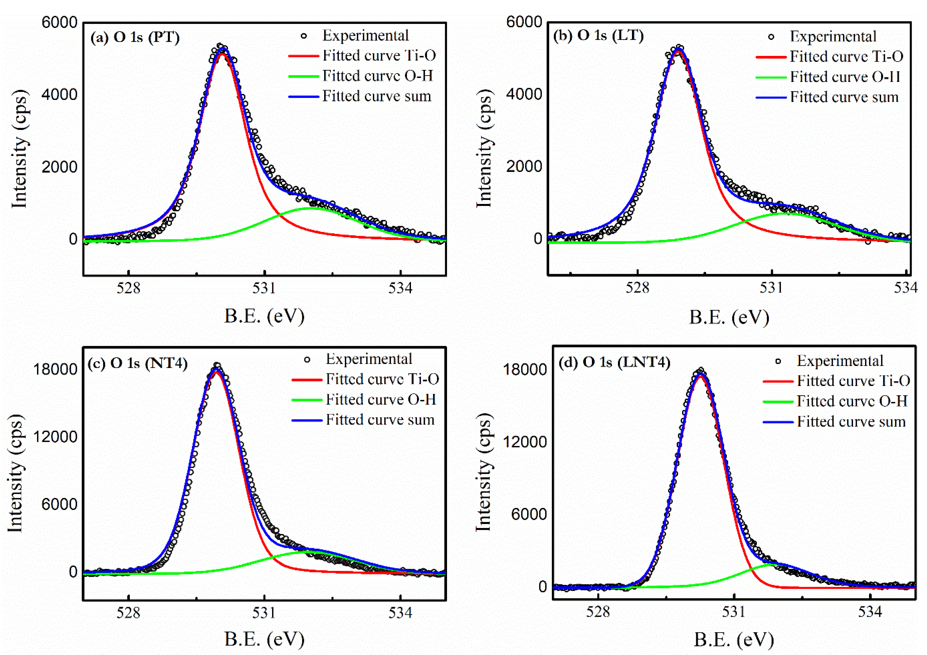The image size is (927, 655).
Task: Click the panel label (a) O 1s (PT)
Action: pos(135,37)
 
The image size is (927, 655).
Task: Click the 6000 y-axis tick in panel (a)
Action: pos(59,22)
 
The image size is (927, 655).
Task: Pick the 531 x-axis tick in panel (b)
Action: pos(772,288)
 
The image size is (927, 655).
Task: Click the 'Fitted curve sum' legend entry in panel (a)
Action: pos(376,96)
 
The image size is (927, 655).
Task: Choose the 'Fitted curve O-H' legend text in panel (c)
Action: pos(381,399)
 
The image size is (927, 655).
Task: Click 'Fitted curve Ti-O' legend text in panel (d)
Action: pos(853,381)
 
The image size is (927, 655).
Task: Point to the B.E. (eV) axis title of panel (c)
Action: pos(264,639)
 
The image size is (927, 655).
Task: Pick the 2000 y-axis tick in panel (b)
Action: pos(524,166)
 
